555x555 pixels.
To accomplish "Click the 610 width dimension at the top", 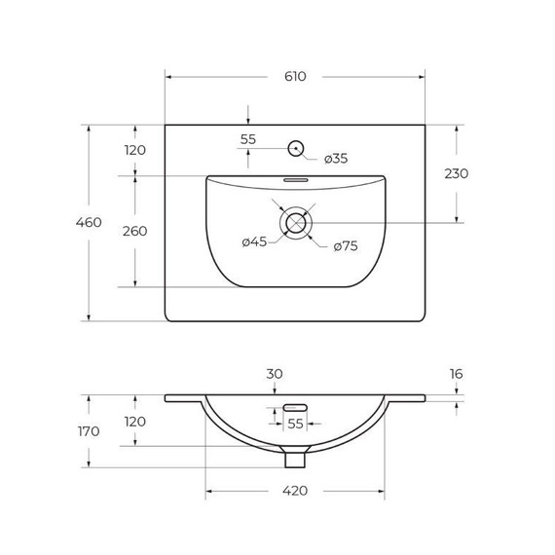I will click(295, 76).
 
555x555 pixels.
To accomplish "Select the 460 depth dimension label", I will click(89, 223).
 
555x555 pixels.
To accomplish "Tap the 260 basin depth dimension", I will click(134, 231).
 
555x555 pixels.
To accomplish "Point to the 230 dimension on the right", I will click(456, 173).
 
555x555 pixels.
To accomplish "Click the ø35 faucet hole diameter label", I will click(335, 158).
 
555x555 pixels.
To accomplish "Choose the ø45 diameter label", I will click(254, 242).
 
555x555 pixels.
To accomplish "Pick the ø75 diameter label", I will click(346, 246).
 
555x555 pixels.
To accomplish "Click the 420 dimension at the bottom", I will click(295, 491).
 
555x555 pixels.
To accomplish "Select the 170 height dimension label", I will click(89, 431).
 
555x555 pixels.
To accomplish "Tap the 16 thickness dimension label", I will click(456, 374).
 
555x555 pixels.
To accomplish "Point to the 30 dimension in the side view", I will click(275, 374).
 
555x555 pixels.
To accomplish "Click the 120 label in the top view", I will click(134, 150).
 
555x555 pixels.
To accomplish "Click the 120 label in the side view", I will click(134, 422).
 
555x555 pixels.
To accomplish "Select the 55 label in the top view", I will click(248, 139).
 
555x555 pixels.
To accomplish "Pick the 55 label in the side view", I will click(295, 424).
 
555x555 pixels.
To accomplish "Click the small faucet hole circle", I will click(295, 149).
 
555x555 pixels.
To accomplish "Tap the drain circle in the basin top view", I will click(295, 223).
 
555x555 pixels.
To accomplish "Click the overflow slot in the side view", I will click(295, 407).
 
